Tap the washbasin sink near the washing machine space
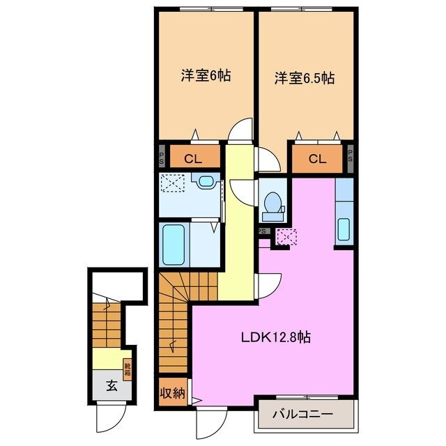(206, 182)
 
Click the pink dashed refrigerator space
(286, 237)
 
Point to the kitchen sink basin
(342, 229)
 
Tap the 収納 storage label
(173, 394)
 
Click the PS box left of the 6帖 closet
(160, 157)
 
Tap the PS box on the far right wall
(351, 157)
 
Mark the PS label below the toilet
(263, 231)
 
